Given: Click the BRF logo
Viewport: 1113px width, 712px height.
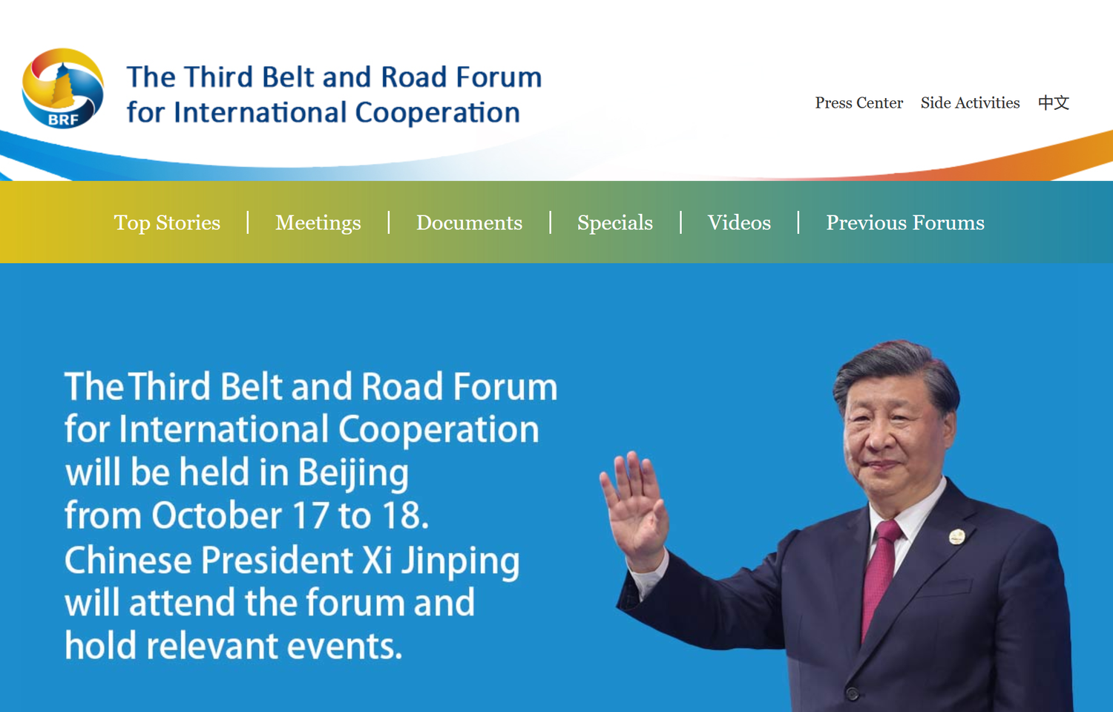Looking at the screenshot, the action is click(x=63, y=88).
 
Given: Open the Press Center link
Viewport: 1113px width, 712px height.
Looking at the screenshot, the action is click(x=858, y=103).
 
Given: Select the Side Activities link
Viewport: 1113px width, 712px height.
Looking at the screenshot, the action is click(x=970, y=103).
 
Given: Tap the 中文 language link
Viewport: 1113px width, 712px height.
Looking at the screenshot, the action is click(x=1054, y=103).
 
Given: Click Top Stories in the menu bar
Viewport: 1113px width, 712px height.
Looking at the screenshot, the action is click(x=167, y=223).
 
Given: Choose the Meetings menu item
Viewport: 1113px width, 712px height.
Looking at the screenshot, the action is click(x=318, y=223).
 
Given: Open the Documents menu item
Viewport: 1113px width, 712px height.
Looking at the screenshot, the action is click(x=469, y=223).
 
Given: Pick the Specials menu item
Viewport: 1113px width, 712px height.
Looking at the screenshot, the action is click(x=615, y=223).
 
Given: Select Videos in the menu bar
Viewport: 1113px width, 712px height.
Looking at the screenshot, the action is click(x=739, y=223).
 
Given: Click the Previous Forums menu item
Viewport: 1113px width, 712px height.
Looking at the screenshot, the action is click(x=905, y=223).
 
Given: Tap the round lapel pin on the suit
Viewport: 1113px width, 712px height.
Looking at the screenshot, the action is click(x=957, y=537).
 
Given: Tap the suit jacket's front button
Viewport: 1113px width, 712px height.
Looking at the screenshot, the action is click(x=853, y=692).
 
